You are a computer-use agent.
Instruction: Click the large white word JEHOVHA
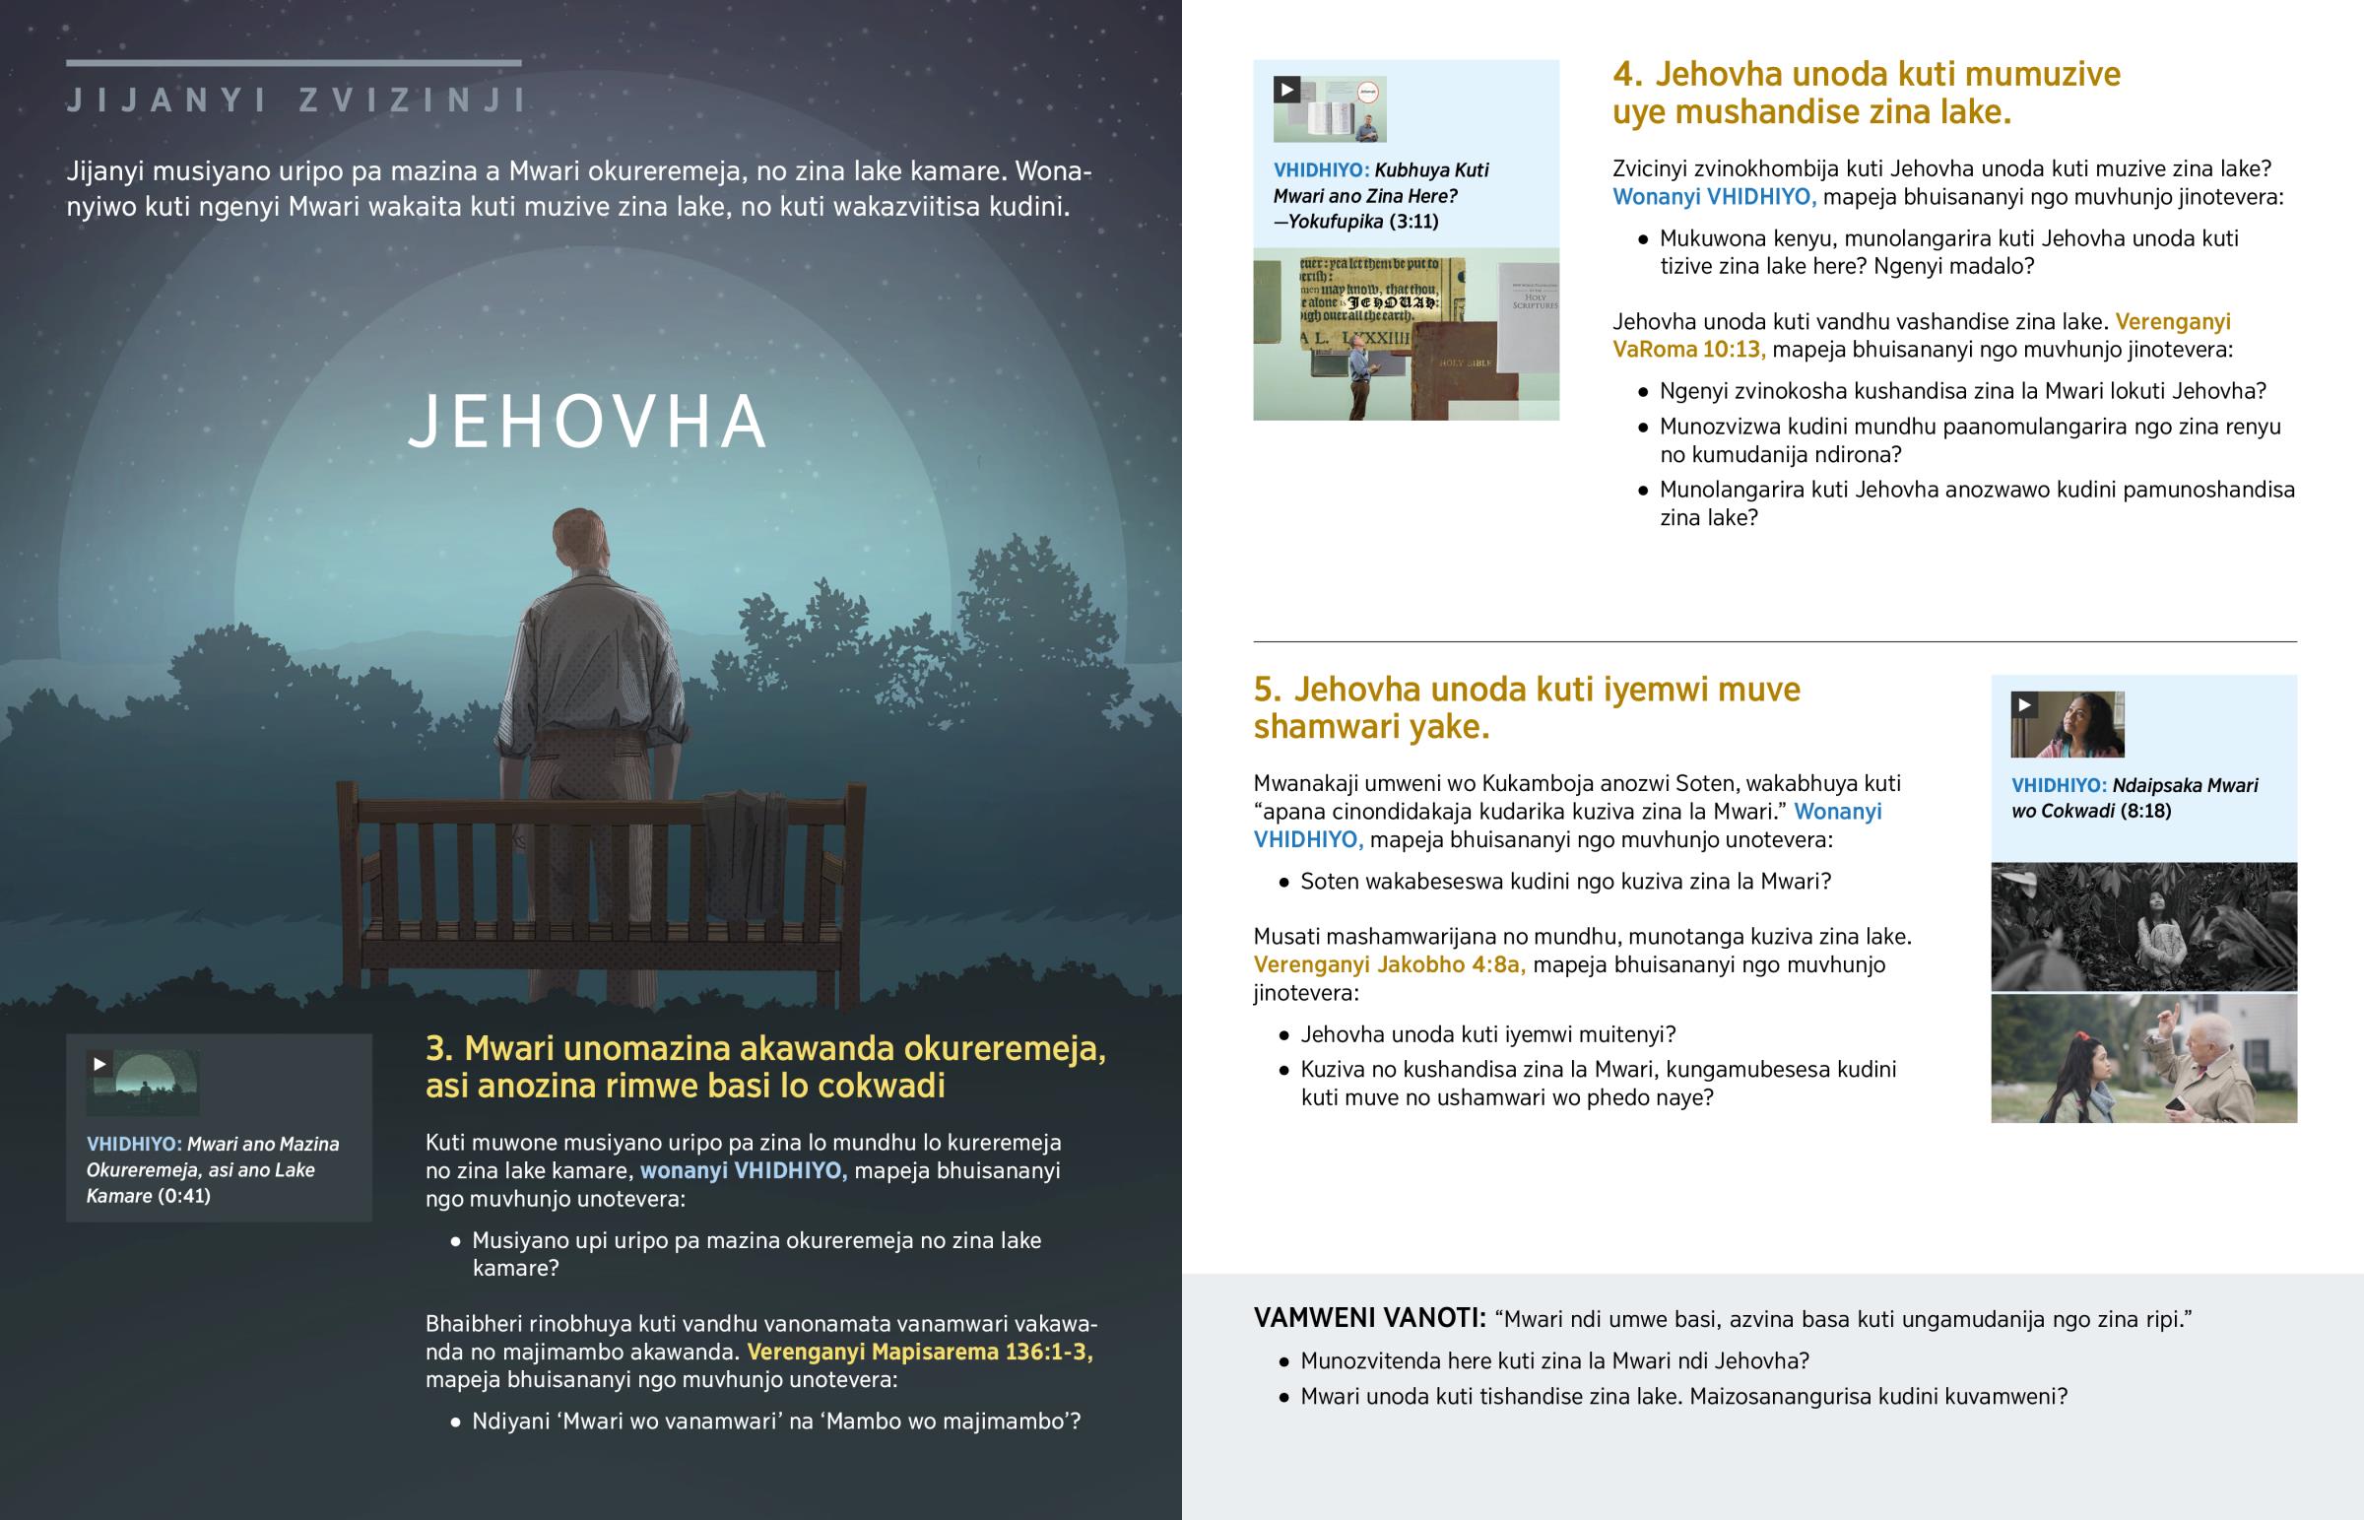(x=588, y=423)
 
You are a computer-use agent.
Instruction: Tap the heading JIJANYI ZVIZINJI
(x=296, y=100)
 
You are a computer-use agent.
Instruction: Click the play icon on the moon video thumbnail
(x=99, y=1064)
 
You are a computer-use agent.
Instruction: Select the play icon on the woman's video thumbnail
(x=2024, y=704)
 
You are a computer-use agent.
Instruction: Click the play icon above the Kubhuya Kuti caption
(x=1286, y=90)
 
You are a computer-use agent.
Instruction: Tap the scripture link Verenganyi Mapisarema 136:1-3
(x=920, y=1352)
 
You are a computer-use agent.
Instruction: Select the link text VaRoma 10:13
(x=1688, y=350)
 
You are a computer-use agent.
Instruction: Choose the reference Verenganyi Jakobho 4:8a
(x=1389, y=964)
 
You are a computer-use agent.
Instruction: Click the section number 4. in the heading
(x=1628, y=75)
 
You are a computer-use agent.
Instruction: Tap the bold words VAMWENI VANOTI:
(x=1368, y=1319)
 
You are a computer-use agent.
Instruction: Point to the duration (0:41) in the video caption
(x=183, y=1196)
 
